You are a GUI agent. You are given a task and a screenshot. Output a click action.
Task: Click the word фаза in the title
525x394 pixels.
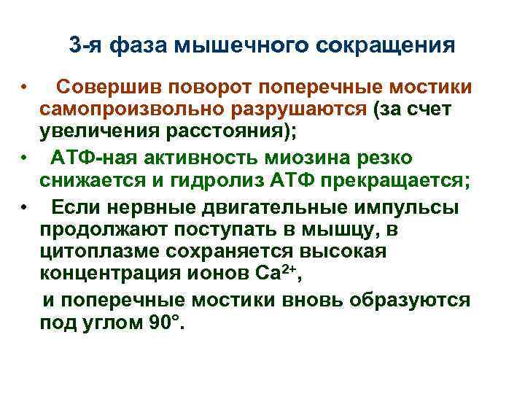(x=139, y=45)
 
